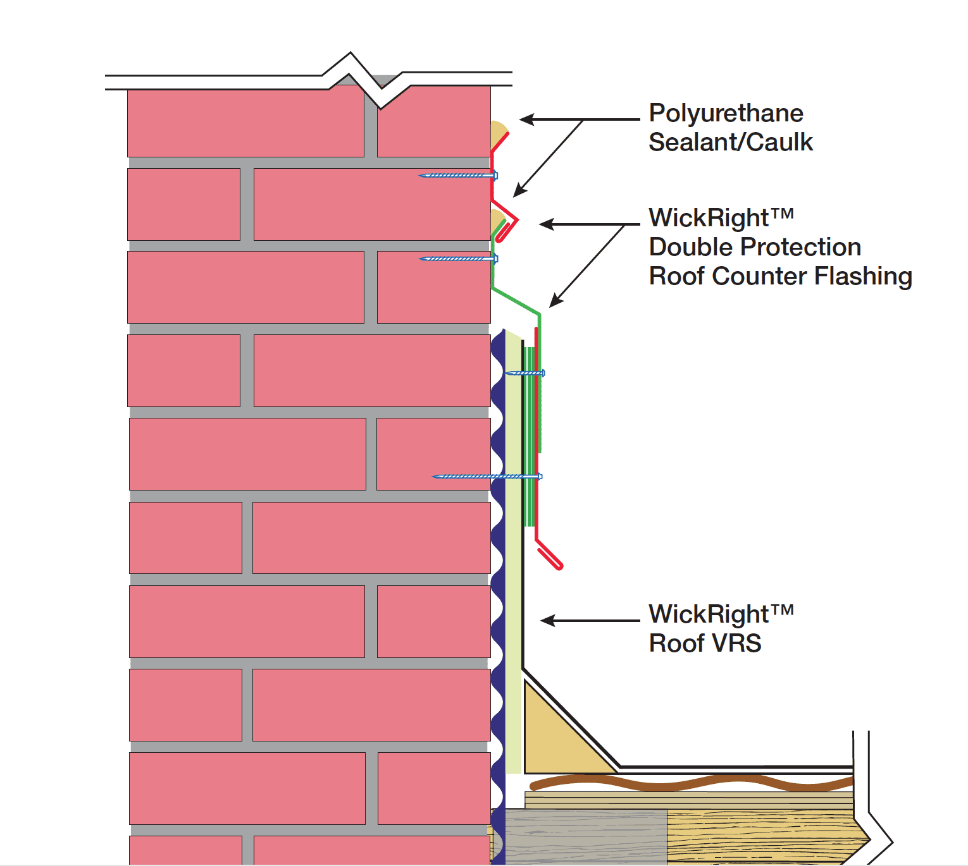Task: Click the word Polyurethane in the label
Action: tap(726, 114)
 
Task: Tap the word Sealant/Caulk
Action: tap(730, 143)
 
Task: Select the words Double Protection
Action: tap(754, 247)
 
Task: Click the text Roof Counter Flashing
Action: tap(780, 276)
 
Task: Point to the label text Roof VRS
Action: tap(705, 643)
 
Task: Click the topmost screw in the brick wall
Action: tap(458, 175)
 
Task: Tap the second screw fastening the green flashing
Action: tap(458, 259)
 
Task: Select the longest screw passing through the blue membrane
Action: tap(487, 476)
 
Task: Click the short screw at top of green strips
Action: tap(525, 373)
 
